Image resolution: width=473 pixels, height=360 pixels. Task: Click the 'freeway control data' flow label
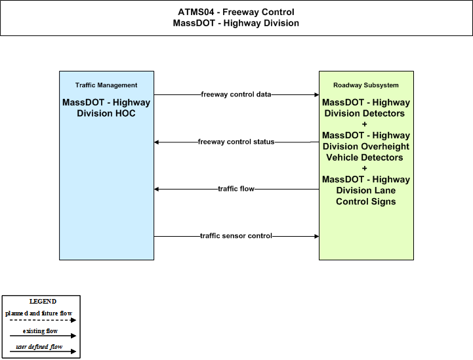pyautogui.click(x=236, y=94)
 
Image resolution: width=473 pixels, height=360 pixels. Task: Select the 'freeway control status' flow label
pyautogui.click(x=236, y=142)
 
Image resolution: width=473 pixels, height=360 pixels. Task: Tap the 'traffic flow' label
pyautogui.click(x=236, y=189)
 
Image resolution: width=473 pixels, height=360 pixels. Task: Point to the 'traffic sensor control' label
pyautogui.click(x=236, y=236)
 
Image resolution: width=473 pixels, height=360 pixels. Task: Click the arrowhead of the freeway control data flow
pyautogui.click(x=317, y=94)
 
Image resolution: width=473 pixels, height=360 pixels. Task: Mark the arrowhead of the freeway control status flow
pyautogui.click(x=156, y=142)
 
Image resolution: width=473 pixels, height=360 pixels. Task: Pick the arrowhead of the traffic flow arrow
pyautogui.click(x=156, y=189)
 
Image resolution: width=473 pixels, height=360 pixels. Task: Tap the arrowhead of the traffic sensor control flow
pyautogui.click(x=317, y=236)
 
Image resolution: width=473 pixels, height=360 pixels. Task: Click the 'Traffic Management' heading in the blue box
pyautogui.click(x=106, y=85)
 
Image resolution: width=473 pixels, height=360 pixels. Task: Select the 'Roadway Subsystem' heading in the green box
pyautogui.click(x=366, y=85)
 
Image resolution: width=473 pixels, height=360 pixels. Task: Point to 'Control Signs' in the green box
pyautogui.click(x=366, y=201)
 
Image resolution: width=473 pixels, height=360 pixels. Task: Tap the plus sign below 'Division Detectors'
pyautogui.click(x=364, y=124)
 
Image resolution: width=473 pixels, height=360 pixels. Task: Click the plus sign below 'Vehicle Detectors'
pyautogui.click(x=364, y=169)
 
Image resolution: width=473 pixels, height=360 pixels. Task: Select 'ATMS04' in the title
pyautogui.click(x=195, y=12)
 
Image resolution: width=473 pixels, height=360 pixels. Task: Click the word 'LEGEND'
pyautogui.click(x=43, y=302)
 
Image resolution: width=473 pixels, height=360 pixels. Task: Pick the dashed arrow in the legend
pyautogui.click(x=43, y=320)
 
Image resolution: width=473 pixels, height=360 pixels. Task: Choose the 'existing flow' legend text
pyautogui.click(x=40, y=331)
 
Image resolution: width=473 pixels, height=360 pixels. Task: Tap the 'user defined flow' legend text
pyautogui.click(x=39, y=347)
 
